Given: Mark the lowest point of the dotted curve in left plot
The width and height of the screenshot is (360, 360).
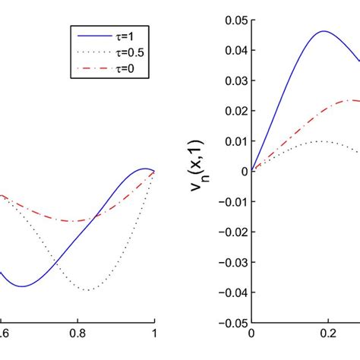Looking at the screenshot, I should pyautogui.click(x=90, y=290).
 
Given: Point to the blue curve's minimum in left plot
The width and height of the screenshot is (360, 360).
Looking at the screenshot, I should pyautogui.click(x=22, y=286).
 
